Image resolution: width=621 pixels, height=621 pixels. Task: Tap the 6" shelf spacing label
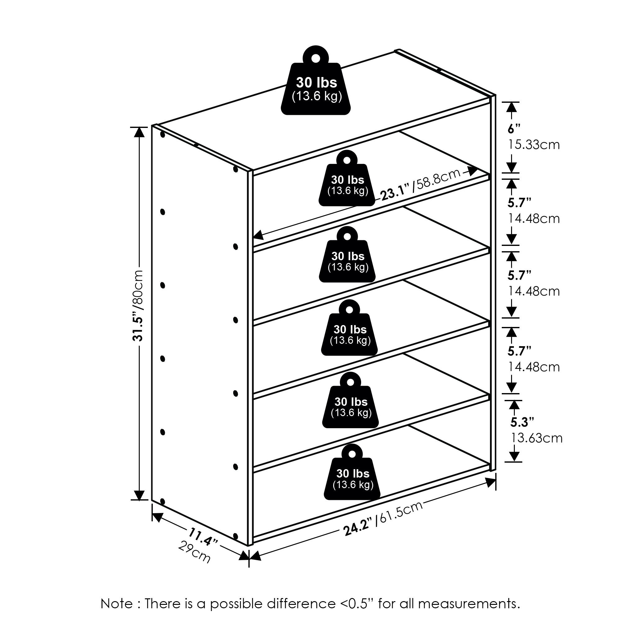[514, 129]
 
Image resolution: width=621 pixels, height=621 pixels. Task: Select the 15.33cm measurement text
[533, 145]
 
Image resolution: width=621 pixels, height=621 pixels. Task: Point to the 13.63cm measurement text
[537, 438]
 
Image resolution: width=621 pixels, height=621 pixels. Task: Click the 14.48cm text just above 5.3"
[533, 367]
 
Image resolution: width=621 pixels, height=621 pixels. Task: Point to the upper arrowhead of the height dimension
[139, 132]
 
